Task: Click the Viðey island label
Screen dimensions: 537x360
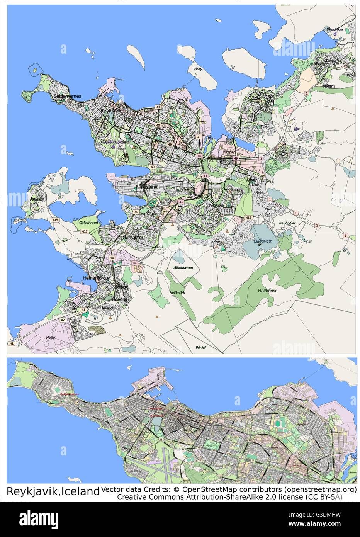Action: pyautogui.click(x=198, y=69)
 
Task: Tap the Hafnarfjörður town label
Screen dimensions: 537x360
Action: pyautogui.click(x=97, y=278)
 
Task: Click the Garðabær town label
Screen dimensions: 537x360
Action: pyautogui.click(x=132, y=238)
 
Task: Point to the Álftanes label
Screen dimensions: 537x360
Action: pyautogui.click(x=37, y=199)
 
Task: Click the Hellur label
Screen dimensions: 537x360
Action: pyautogui.click(x=51, y=337)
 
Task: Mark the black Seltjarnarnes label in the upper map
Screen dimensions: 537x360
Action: pyautogui.click(x=68, y=96)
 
